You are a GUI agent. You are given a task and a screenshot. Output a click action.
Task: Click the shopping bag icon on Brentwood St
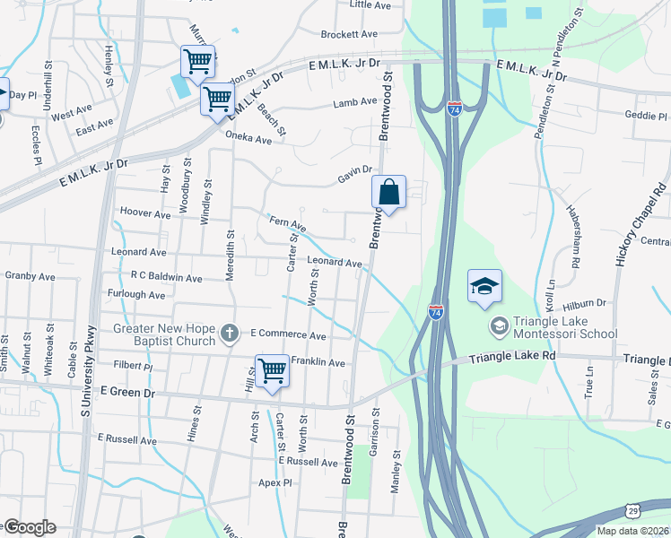pyautogui.click(x=389, y=192)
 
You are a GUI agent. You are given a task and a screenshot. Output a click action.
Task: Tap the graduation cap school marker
pyautogui.click(x=484, y=286)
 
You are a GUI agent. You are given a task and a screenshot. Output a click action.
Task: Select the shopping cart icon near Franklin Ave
pyautogui.click(x=271, y=370)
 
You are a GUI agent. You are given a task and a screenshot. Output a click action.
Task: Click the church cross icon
pyautogui.click(x=229, y=334)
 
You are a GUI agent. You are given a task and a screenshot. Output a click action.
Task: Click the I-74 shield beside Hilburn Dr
pyautogui.click(x=436, y=312)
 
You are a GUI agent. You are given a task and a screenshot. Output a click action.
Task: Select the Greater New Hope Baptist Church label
pyautogui.click(x=164, y=334)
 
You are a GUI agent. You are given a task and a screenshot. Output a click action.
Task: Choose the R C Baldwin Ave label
pyautogui.click(x=166, y=278)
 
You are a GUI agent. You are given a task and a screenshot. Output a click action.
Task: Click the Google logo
pyautogui.click(x=30, y=526)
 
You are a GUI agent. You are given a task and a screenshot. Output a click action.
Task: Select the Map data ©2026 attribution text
pyautogui.click(x=632, y=531)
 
